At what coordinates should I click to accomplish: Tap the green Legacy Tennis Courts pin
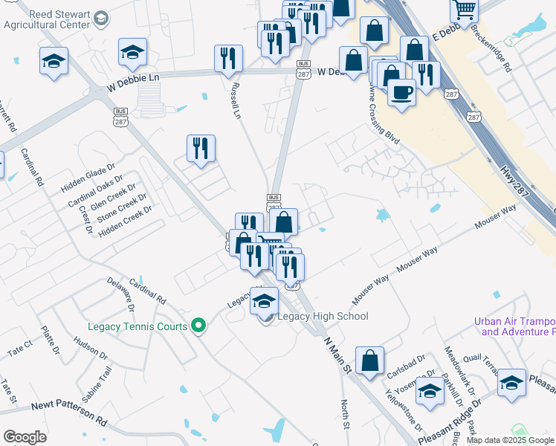point(198,326)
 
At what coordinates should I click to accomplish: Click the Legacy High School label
point(323,317)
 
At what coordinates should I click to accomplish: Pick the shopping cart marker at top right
point(464,10)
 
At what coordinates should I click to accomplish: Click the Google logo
point(25,437)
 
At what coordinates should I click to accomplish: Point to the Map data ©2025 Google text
point(510,440)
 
